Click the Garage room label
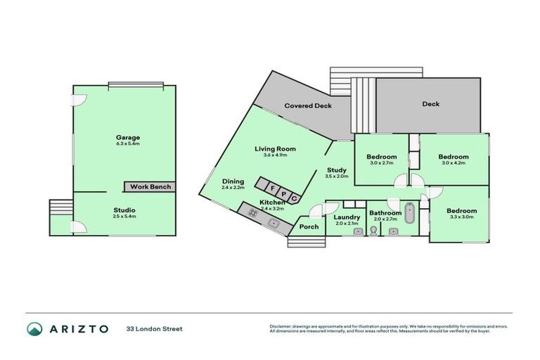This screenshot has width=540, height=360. (x=128, y=137)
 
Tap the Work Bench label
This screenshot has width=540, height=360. (x=148, y=186)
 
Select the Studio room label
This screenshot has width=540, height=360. (x=124, y=210)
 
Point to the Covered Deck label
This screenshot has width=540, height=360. (x=307, y=106)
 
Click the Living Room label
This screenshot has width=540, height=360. (x=275, y=149)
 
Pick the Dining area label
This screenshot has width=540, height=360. (x=233, y=181)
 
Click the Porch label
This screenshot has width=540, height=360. (x=309, y=226)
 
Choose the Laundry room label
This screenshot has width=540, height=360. (x=347, y=217)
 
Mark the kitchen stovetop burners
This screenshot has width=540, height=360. (x=252, y=211)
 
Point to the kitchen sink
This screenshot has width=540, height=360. (x=275, y=225)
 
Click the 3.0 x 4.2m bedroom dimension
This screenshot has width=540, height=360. (x=454, y=164)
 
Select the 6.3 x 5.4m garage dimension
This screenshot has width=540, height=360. (x=128, y=143)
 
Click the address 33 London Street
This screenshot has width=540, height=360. (x=154, y=329)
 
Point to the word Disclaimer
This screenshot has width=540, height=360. (x=282, y=326)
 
